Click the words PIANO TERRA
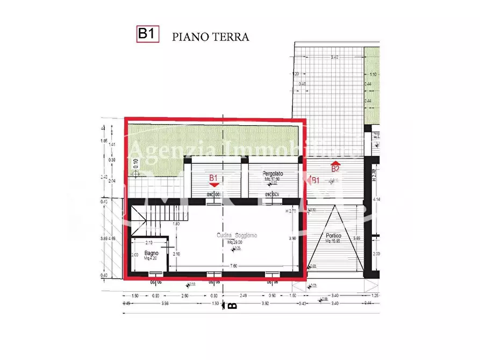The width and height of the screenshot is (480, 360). pyautogui.click(x=210, y=37)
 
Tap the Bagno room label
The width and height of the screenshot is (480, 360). pyautogui.click(x=151, y=252)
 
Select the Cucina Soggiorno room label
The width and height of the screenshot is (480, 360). pyautogui.click(x=237, y=235)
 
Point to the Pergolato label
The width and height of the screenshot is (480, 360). pyautogui.click(x=273, y=175)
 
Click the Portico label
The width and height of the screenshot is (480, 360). pyautogui.click(x=334, y=235)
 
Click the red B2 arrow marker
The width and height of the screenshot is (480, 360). pyautogui.click(x=335, y=165)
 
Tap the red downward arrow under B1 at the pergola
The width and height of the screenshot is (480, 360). pyautogui.click(x=213, y=184)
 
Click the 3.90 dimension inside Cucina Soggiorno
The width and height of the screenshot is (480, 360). pyautogui.click(x=292, y=238)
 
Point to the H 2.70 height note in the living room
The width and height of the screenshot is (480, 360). pyautogui.click(x=292, y=211)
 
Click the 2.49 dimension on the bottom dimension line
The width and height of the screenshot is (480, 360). pyautogui.click(x=243, y=296)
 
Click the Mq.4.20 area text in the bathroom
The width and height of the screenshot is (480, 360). pyautogui.click(x=151, y=258)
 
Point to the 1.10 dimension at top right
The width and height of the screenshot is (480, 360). pyautogui.click(x=372, y=74)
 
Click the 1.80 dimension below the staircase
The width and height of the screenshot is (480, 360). pyautogui.click(x=176, y=224)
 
